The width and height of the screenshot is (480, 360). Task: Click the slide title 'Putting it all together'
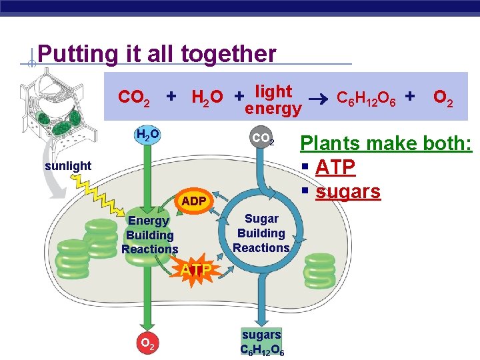pos(157,53)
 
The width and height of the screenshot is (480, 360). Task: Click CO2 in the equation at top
pos(133,98)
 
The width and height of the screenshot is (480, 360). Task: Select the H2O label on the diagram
pos(147,135)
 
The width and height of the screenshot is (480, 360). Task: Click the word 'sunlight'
pos(69,165)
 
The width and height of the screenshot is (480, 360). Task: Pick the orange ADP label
pos(194,201)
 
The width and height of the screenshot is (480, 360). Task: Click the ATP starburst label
pos(196,270)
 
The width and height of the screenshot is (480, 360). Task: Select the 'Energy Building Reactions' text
pos(150,235)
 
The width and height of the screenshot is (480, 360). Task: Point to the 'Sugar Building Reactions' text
pos(261,233)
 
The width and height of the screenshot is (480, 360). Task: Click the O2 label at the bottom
pos(148,344)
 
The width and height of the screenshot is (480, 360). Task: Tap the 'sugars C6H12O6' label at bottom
pos(261,341)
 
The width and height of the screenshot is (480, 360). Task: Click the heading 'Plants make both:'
pos(386,143)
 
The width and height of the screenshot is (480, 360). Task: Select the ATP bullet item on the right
pos(336,167)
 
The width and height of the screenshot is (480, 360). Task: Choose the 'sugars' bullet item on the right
pos(347,191)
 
